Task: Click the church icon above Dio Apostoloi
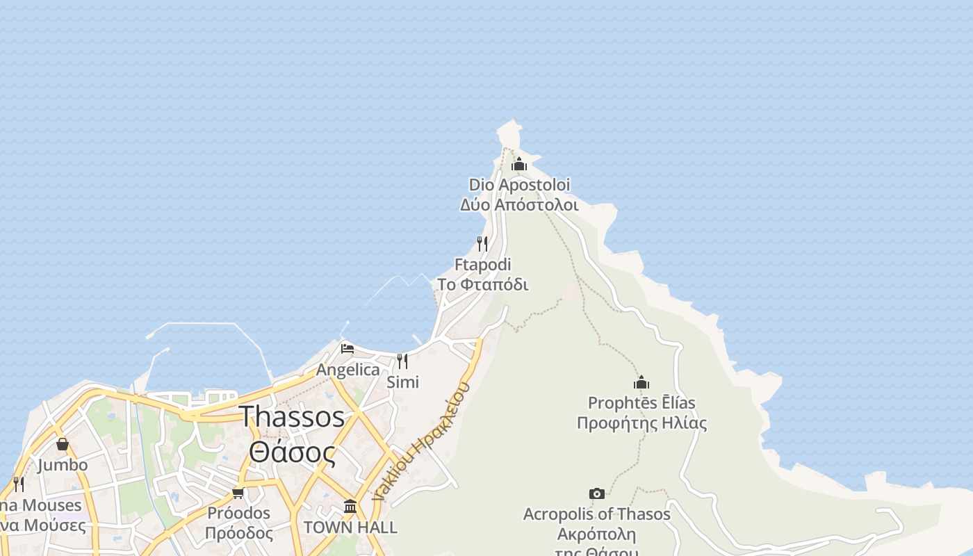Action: pyautogui.click(x=519, y=165)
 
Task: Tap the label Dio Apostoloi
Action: pyautogui.click(x=519, y=185)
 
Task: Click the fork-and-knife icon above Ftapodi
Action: pyautogui.click(x=482, y=243)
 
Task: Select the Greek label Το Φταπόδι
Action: pyautogui.click(x=482, y=285)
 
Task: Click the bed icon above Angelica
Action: pyautogui.click(x=347, y=348)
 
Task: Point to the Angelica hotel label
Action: pyautogui.click(x=348, y=370)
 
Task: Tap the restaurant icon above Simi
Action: pyautogui.click(x=402, y=361)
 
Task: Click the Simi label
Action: pyautogui.click(x=403, y=382)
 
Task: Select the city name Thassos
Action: pyautogui.click(x=292, y=416)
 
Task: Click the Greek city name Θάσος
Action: pyautogui.click(x=292, y=452)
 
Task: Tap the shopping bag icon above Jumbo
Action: pyautogui.click(x=63, y=443)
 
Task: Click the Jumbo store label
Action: pyautogui.click(x=63, y=465)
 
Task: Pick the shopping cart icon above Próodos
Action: pyautogui.click(x=238, y=493)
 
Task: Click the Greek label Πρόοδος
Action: pyautogui.click(x=239, y=534)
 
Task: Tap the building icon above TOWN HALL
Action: pyautogui.click(x=350, y=506)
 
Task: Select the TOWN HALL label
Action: pyautogui.click(x=350, y=528)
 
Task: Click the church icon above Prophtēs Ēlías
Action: pyautogui.click(x=641, y=382)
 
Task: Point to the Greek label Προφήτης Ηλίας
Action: pyautogui.click(x=641, y=423)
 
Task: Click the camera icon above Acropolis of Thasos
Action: pyautogui.click(x=596, y=493)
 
